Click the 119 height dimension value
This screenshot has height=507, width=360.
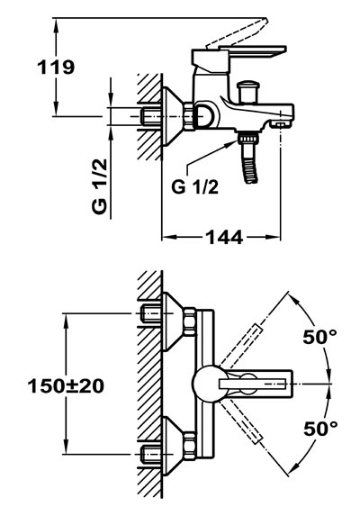[x=56, y=68]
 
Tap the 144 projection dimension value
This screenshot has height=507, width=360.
[x=224, y=238]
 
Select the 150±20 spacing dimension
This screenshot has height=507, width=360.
[x=66, y=386]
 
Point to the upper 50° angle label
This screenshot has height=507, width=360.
[x=319, y=336]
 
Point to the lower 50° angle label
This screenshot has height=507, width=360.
[x=320, y=429]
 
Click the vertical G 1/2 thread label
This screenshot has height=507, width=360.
[x=99, y=186]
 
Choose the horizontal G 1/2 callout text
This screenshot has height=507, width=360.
[x=195, y=186]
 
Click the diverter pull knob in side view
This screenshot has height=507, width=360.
[x=247, y=92]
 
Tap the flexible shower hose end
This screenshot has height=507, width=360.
[x=250, y=170]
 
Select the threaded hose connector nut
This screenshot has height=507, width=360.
[x=248, y=139]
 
